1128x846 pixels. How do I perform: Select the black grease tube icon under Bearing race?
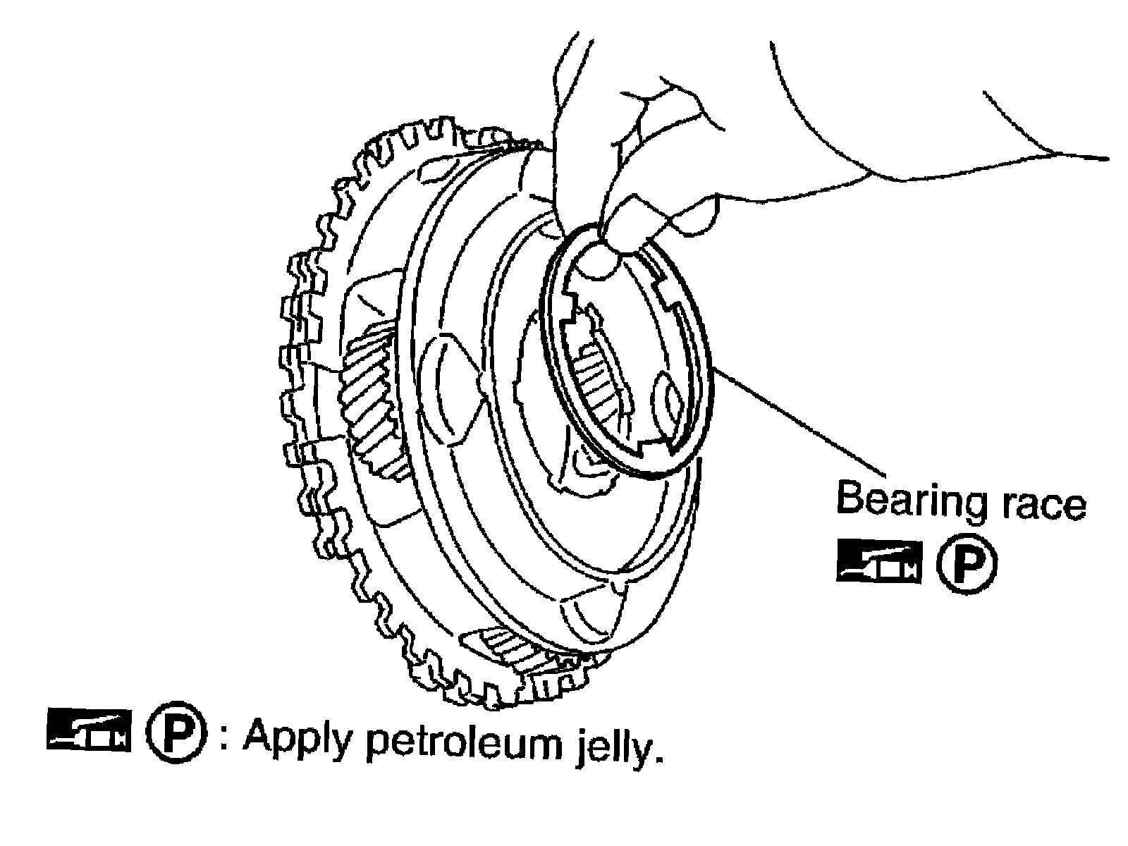point(878,561)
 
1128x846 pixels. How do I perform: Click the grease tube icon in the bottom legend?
point(89,730)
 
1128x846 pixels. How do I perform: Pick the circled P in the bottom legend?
point(176,732)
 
